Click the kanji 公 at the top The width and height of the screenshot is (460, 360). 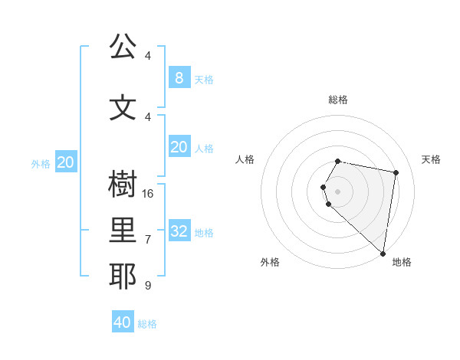coord(123,47)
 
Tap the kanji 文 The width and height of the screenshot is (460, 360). coord(123,108)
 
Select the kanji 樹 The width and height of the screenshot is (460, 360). coord(123,185)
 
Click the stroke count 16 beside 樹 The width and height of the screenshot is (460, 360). coord(148,194)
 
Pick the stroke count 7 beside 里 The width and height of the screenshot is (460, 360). coord(148,240)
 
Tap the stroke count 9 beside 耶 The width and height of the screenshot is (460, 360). coord(148,286)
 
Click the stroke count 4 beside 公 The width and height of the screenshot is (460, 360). coord(148,56)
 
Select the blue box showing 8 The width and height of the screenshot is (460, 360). coord(179,77)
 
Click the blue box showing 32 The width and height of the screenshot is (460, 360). coord(179,231)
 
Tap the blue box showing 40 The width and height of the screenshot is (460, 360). coord(123,322)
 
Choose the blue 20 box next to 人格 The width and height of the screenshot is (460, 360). coord(179,147)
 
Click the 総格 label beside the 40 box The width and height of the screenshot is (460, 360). coord(147,324)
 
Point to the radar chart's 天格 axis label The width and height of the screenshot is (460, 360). coord(431,159)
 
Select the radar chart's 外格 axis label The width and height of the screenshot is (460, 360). coord(270,262)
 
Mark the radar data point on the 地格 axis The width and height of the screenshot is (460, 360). coord(383,253)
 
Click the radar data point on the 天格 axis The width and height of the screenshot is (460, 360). coord(396,172)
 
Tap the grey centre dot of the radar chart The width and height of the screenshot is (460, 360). coord(337,191)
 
